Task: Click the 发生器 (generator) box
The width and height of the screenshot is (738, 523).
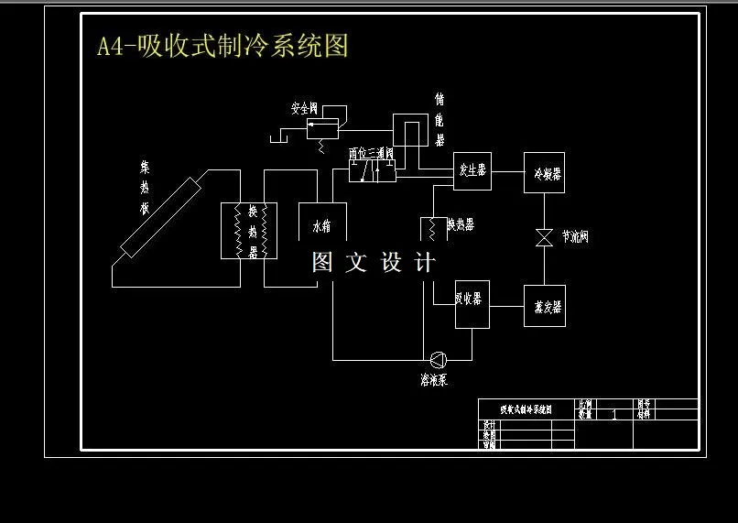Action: point(472,170)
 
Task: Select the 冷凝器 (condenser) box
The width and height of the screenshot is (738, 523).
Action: point(544,172)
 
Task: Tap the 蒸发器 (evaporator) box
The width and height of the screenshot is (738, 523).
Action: point(544,306)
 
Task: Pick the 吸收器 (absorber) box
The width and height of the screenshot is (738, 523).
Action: point(472,304)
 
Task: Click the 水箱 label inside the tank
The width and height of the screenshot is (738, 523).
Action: point(322,225)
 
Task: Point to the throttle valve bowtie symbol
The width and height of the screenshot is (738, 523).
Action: point(544,236)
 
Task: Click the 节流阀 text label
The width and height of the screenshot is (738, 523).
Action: point(575,237)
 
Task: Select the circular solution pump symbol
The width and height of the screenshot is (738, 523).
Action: point(438,359)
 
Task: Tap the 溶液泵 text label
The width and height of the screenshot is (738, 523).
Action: point(433,380)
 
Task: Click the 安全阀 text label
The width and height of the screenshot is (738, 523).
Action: point(304,108)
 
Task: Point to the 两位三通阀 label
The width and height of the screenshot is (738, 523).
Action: point(371,153)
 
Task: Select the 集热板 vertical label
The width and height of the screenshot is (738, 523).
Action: point(144,188)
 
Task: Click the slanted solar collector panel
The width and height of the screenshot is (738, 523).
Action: point(159,220)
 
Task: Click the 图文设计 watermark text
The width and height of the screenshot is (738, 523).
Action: point(374,263)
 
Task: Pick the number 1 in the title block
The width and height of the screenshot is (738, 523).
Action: point(613,414)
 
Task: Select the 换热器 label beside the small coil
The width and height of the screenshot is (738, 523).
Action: point(461,224)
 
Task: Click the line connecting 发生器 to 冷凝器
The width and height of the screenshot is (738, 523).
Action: point(507,171)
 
